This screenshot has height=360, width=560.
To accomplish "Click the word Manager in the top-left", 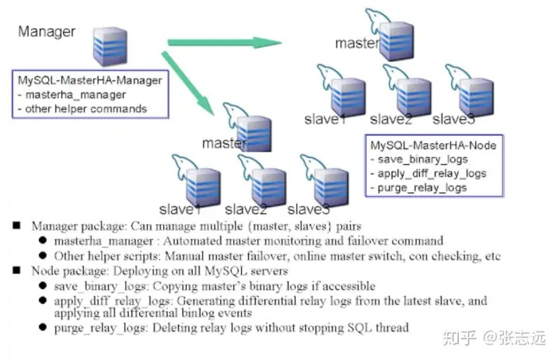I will (x=47, y=32).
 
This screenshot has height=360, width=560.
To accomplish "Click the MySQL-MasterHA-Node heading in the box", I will (x=433, y=145).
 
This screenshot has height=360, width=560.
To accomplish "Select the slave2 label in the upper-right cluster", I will (x=391, y=119).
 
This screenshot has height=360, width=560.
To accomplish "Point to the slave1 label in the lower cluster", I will (x=180, y=210).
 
